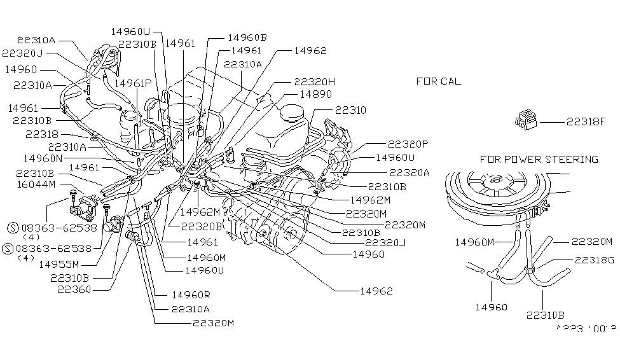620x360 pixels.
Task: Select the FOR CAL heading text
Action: (x=439, y=81)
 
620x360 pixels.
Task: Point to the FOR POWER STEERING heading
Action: (x=539, y=159)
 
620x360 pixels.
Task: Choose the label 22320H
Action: (x=314, y=82)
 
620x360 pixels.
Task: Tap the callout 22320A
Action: (x=409, y=172)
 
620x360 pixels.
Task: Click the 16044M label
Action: (x=36, y=184)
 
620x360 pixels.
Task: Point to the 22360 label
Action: (x=74, y=289)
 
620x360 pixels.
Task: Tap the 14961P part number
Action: (x=133, y=82)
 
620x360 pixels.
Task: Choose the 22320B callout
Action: (x=202, y=226)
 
